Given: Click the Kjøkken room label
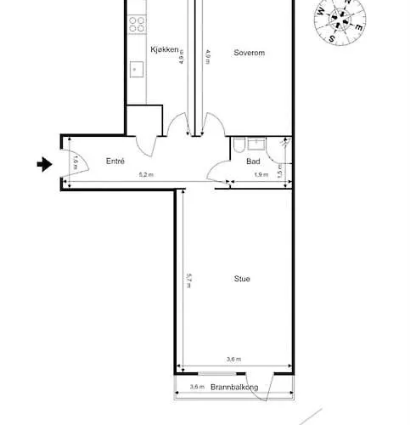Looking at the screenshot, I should [x=164, y=50].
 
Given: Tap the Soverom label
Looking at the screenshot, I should [x=250, y=53].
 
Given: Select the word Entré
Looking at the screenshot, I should [x=115, y=160].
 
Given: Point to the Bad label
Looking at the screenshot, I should [x=253, y=161].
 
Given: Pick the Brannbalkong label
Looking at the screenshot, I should [x=234, y=388].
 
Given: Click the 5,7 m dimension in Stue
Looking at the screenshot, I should [x=188, y=280].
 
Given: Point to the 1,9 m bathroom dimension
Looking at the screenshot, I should [x=261, y=175].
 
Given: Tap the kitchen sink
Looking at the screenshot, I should [x=134, y=68].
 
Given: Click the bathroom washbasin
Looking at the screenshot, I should [x=267, y=144].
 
